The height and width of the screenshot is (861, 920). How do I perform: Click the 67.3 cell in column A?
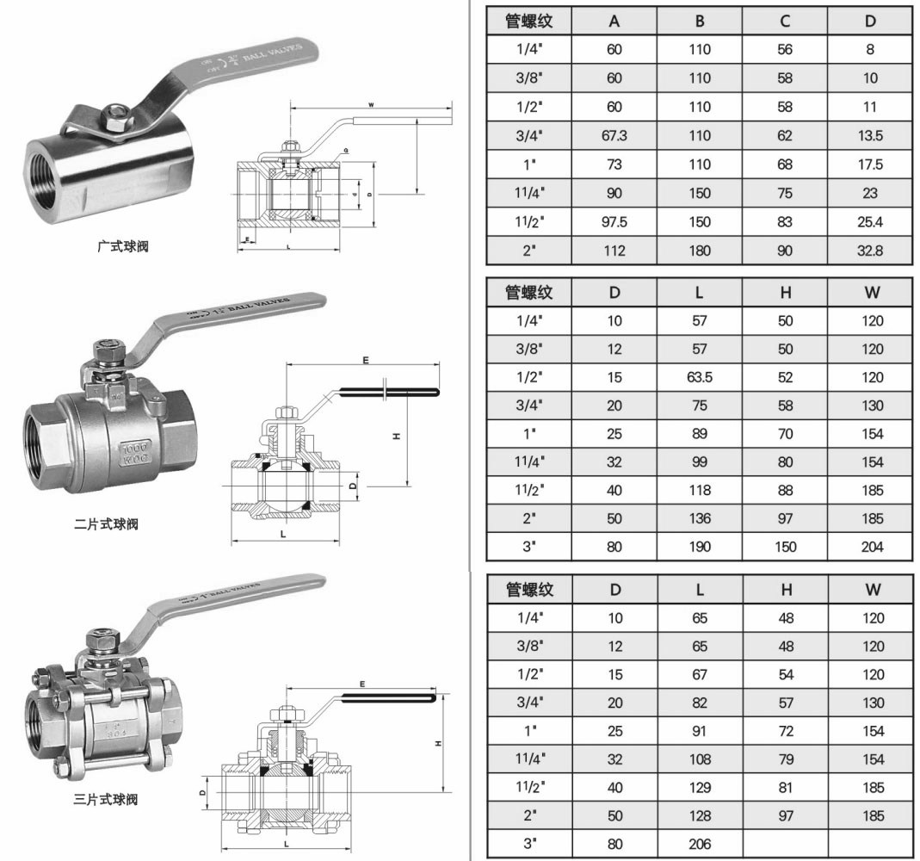[x=614, y=136]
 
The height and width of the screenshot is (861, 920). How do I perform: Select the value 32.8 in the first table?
[x=870, y=251]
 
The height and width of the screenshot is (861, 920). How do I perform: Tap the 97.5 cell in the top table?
[x=614, y=222]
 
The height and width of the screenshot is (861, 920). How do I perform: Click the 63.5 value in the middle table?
[x=700, y=378]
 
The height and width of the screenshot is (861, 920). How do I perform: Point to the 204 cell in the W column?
[x=872, y=547]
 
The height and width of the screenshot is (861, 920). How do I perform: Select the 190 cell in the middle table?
[x=700, y=547]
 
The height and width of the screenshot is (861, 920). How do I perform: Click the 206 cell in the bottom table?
[x=700, y=844]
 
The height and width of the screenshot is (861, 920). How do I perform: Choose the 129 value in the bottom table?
[x=700, y=788]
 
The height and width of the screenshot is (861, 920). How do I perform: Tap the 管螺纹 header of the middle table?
[x=529, y=293]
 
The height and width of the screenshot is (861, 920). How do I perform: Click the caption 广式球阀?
[x=123, y=247]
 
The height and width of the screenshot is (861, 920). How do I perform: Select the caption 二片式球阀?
[x=106, y=523]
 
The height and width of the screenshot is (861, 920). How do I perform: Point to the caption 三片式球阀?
[x=106, y=800]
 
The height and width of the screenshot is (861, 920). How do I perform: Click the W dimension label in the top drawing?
[x=371, y=104]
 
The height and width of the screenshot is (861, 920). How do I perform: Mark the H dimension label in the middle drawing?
[x=397, y=437]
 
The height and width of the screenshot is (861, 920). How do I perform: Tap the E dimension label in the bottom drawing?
[x=362, y=684]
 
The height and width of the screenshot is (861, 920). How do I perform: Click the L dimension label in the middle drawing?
[x=283, y=535]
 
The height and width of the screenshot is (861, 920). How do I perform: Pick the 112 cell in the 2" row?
[x=614, y=251]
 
